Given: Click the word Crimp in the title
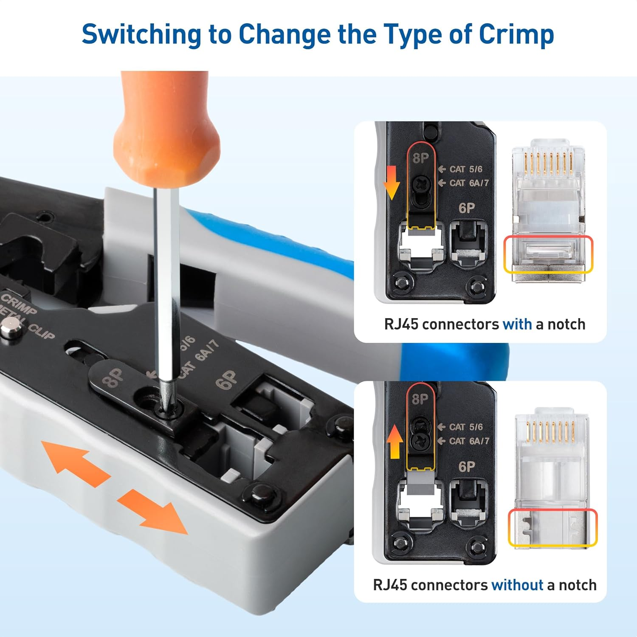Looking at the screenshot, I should [516, 35].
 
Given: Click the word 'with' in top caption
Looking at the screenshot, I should [517, 324].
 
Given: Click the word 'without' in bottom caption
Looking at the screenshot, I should [517, 585].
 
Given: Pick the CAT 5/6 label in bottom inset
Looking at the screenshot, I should [465, 427].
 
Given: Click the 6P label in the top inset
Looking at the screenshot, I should [467, 208].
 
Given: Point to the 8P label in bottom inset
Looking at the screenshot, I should [420, 399].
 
